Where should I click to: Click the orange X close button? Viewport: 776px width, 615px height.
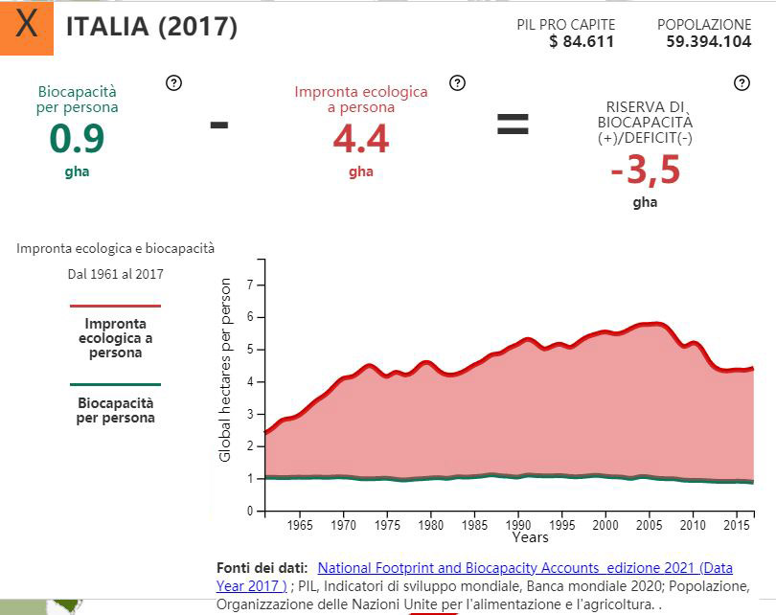27,26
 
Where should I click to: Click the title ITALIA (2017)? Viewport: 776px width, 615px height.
151,27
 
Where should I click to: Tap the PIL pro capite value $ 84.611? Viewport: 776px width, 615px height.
582,41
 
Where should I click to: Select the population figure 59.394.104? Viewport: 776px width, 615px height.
704,41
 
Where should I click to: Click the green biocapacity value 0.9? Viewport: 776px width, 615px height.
77,140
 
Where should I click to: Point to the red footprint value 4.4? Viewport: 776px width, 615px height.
361,140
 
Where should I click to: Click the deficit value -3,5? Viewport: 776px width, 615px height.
645,171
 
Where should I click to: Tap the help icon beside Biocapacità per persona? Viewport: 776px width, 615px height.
173,82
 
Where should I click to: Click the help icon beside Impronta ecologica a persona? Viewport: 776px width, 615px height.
458,82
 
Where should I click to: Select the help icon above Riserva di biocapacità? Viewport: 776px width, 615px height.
742,82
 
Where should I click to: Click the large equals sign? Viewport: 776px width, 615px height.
512,123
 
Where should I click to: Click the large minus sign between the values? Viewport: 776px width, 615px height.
218,123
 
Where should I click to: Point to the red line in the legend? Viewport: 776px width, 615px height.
115,307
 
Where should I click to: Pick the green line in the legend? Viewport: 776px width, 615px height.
115,385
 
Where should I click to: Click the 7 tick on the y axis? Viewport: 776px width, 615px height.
250,285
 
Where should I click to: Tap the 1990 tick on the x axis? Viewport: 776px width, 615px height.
518,525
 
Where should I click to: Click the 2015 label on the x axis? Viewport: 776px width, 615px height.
735,525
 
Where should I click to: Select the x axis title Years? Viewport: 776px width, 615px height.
530,537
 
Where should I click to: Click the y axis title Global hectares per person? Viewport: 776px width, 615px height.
226,370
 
